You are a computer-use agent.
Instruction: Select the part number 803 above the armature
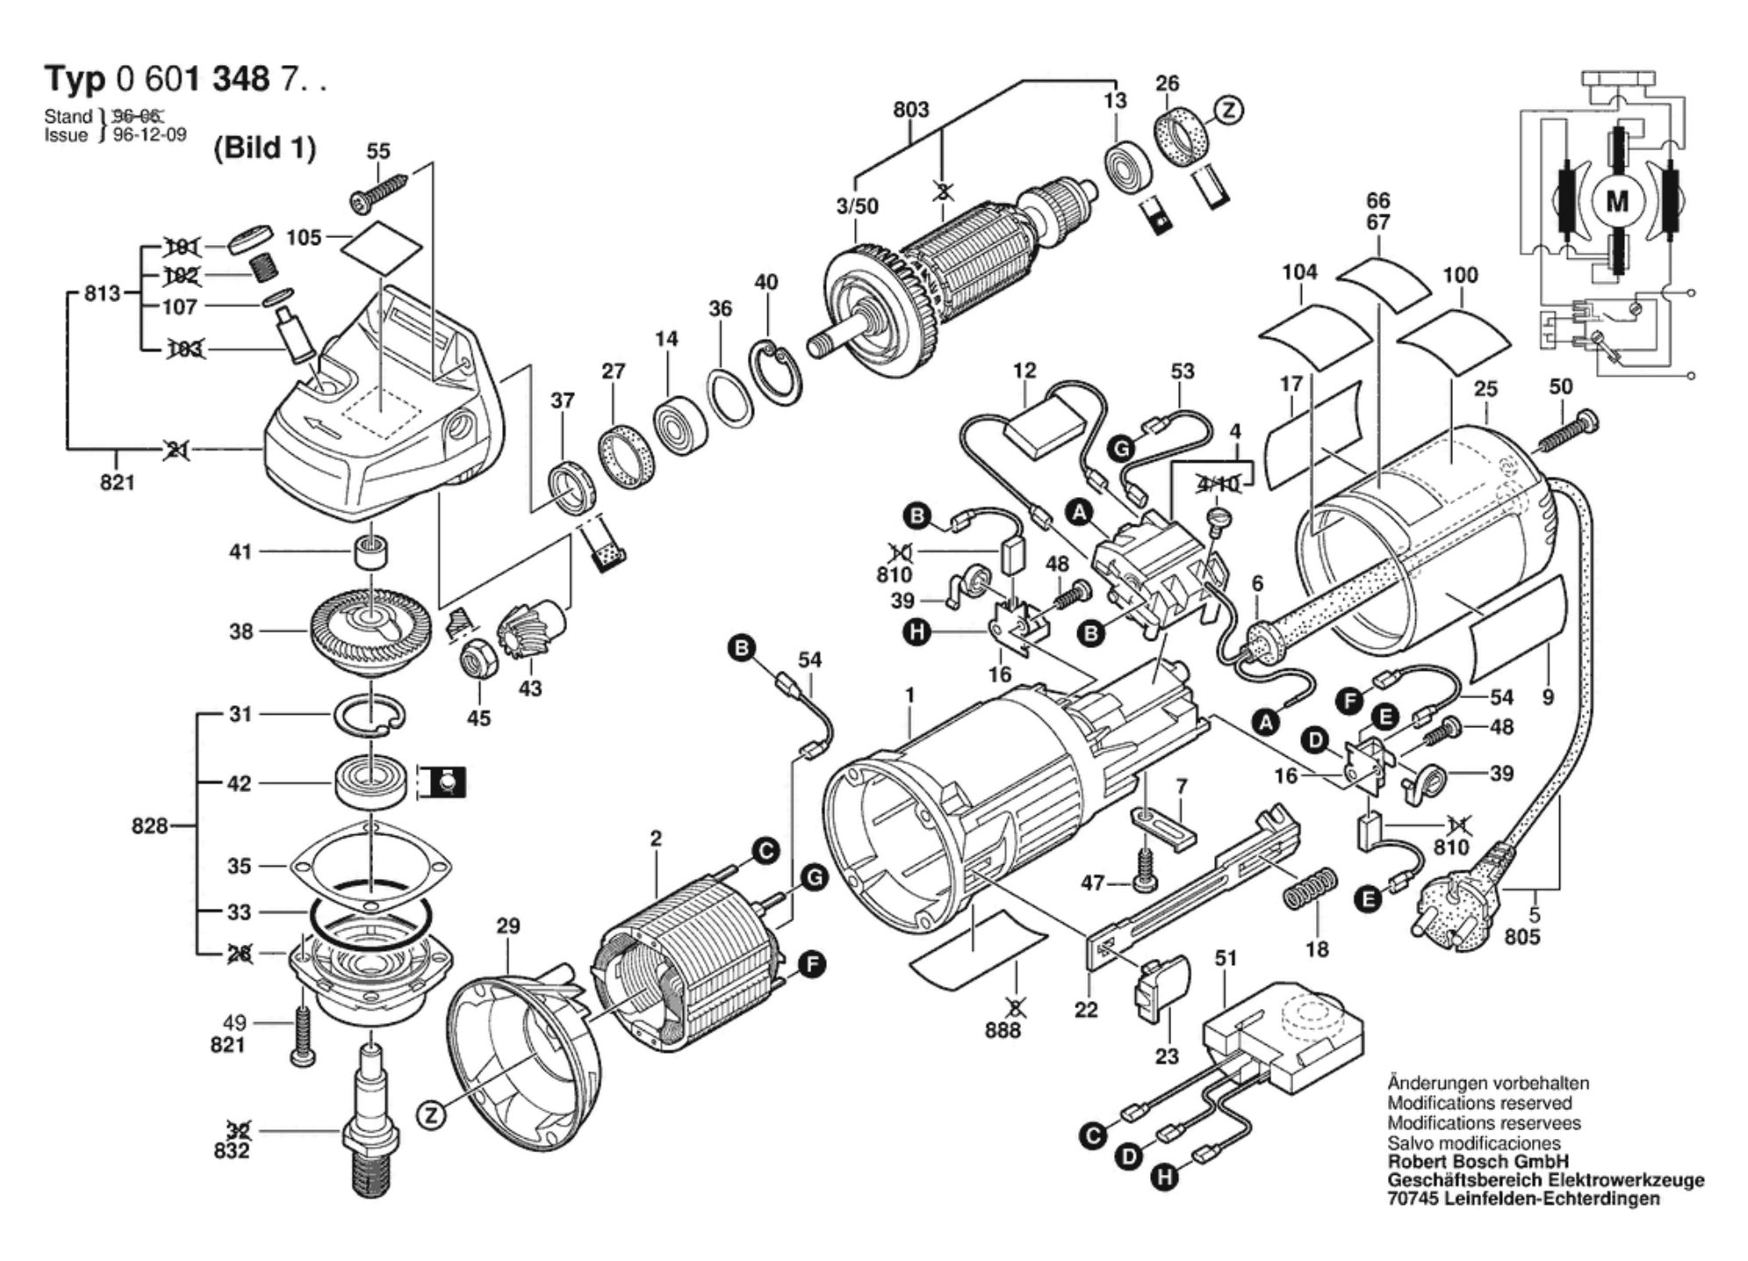[x=910, y=110]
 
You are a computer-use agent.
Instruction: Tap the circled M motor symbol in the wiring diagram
[x=1616, y=203]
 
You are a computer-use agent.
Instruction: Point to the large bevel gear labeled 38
[x=370, y=630]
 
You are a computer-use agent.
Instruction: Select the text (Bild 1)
[x=264, y=148]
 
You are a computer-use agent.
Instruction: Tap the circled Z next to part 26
[x=1229, y=110]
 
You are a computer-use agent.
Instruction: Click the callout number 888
[x=1003, y=1029]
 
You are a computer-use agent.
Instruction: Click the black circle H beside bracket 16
[x=917, y=631]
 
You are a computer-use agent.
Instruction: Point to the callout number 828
[x=149, y=825]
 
